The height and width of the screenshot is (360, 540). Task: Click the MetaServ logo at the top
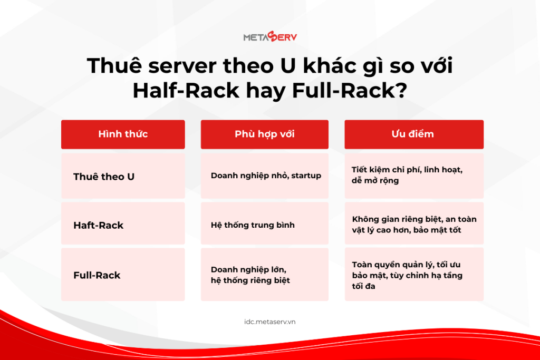(270, 36)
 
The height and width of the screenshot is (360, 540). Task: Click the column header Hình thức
(123, 134)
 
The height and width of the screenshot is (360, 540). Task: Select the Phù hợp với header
(265, 134)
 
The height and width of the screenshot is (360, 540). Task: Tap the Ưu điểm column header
(414, 134)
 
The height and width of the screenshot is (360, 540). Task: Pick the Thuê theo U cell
(123, 176)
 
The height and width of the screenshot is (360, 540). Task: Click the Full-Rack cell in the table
(123, 275)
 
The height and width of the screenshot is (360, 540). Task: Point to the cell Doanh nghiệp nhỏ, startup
(265, 176)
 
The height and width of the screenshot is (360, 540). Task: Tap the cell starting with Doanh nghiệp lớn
(265, 275)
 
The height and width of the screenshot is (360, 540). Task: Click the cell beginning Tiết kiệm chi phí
(414, 176)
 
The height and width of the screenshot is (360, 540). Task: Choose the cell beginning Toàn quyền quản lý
(414, 275)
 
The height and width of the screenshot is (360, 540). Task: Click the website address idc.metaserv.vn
(270, 322)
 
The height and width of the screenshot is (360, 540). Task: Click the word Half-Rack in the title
(186, 91)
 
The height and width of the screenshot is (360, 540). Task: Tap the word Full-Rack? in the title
(350, 91)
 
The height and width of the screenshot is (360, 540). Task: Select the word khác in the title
(330, 65)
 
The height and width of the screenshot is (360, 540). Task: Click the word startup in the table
(306, 176)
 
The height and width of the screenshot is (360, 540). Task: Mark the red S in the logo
(272, 36)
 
